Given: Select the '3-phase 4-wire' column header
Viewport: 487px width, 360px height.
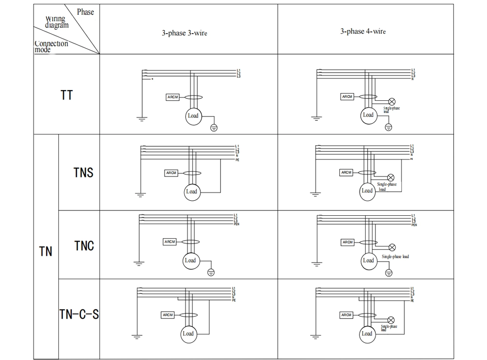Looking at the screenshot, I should click(363, 31).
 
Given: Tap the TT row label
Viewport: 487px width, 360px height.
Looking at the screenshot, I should click(67, 95).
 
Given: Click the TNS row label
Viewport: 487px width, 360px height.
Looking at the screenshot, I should click(83, 172).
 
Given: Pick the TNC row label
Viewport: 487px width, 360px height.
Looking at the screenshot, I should click(84, 246).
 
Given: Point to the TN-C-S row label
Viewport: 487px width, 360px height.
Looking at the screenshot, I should click(79, 315).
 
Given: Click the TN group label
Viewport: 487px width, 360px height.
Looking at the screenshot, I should click(45, 252).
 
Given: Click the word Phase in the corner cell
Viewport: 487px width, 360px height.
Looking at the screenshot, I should click(85, 12).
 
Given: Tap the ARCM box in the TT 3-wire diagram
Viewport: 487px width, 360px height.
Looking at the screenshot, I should click(173, 97).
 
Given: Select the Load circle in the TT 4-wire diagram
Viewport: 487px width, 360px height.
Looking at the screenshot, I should click(368, 115).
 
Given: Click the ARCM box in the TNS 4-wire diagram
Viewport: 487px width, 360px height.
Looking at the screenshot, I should click(346, 172).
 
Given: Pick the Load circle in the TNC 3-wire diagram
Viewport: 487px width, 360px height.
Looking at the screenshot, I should click(190, 261).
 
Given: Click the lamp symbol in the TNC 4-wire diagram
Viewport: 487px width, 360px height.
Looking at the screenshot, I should click(392, 247).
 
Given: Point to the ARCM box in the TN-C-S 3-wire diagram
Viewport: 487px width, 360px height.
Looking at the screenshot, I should click(168, 315).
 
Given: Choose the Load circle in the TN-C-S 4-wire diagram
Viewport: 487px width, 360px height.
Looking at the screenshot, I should click(367, 334).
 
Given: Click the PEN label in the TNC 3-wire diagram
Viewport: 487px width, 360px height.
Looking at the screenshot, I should click(237, 224).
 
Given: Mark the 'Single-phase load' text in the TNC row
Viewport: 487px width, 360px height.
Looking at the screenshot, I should click(395, 257).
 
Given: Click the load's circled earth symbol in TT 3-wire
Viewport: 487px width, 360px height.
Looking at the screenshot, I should click(213, 128).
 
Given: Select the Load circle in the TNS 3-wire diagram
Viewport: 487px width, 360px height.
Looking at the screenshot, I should click(191, 191).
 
